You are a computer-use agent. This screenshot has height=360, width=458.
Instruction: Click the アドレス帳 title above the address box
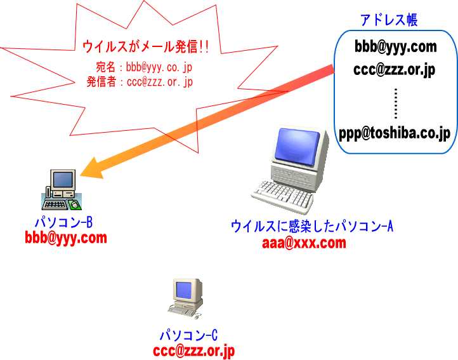coord(389,20)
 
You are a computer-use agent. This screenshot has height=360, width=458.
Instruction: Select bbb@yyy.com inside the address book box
coord(396,46)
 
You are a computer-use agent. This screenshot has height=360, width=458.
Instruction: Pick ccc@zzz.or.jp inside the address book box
coord(394,69)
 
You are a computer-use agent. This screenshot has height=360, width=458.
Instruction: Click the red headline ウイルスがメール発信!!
coord(146,46)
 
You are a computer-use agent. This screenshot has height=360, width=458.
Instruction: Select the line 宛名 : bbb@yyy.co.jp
coord(144,67)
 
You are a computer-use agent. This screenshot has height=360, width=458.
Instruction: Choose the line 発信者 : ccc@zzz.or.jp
coord(140,82)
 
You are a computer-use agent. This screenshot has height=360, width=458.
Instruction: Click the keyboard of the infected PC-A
coord(277,196)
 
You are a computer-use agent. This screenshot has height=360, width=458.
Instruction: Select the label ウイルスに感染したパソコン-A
coord(312,226)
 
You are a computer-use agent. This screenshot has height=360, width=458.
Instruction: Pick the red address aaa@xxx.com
coord(304,243)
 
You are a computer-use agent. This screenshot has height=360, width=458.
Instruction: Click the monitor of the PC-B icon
coord(63,180)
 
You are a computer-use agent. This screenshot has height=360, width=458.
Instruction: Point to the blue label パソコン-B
coord(64,223)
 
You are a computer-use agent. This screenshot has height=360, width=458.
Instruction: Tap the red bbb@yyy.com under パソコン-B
coord(66,238)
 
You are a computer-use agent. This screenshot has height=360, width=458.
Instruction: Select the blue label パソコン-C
coord(188,336)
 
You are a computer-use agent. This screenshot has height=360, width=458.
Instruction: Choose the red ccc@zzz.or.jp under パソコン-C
coord(194,350)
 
